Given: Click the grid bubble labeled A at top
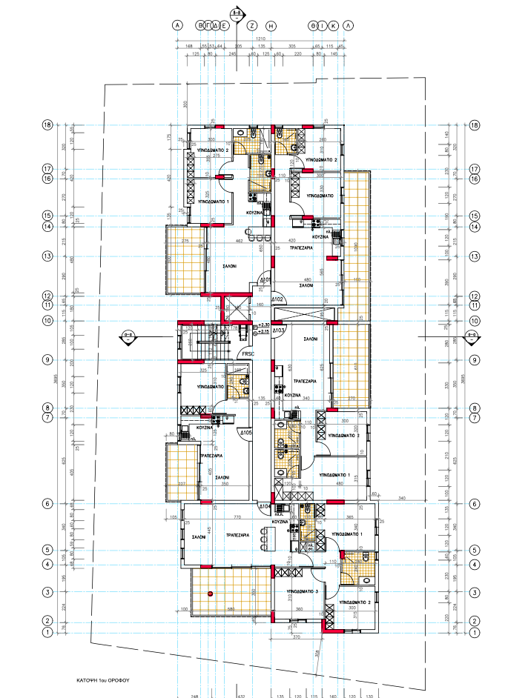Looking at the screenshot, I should coord(177,25).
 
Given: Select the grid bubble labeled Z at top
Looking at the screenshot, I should coord(252,25).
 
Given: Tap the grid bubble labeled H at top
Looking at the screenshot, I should coord(271,25).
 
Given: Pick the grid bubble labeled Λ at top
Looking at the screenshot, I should coord(349,25).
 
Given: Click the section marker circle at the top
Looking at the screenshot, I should coord(237,13).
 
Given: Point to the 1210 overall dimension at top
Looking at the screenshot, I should coord(260,39).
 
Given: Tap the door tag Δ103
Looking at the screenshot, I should coord(279,330).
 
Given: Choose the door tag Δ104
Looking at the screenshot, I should coord(263,505).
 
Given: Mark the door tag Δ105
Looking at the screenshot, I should coord(246,432).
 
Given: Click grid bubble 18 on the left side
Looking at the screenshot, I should coord(47,125).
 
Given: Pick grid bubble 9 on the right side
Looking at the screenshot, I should coord(475,359).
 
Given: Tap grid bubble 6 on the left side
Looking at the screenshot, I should coord(47,504).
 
